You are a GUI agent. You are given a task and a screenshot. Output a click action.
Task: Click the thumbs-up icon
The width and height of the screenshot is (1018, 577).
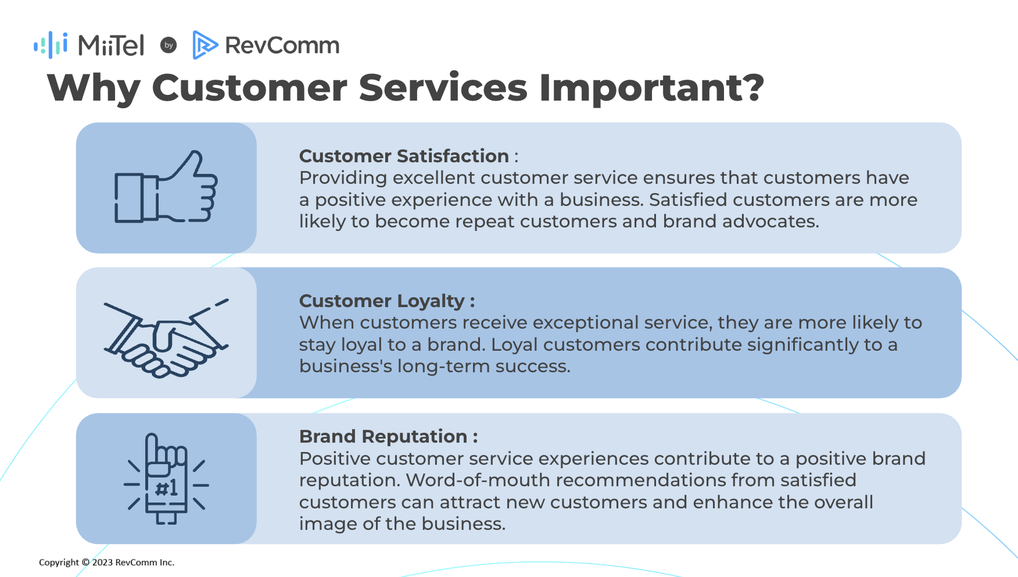click(x=166, y=187)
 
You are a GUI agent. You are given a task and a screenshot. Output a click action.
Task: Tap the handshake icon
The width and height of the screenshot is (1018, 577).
click(x=166, y=338)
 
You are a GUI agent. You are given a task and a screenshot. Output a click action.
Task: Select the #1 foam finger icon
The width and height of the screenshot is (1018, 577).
click(x=167, y=479)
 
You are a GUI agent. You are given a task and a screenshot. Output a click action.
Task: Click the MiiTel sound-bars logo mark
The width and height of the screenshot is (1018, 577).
click(x=51, y=45)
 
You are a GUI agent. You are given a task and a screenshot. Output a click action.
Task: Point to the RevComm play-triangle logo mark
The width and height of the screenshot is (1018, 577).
click(x=205, y=45)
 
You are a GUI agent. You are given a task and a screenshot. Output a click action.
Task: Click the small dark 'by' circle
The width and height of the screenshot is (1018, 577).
click(x=169, y=45)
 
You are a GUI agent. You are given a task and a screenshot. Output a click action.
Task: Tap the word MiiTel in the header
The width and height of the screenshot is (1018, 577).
click(x=111, y=45)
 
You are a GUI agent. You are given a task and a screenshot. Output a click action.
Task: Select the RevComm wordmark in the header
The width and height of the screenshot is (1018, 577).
click(x=282, y=45)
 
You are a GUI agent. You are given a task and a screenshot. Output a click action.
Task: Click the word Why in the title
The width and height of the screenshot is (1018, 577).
click(x=94, y=88)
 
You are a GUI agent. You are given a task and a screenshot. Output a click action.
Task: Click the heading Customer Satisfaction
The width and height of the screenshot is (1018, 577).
click(x=404, y=156)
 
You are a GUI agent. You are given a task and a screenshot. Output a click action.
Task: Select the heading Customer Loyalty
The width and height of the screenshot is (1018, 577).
click(x=382, y=301)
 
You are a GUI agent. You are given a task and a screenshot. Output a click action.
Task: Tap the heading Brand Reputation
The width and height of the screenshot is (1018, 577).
click(x=383, y=436)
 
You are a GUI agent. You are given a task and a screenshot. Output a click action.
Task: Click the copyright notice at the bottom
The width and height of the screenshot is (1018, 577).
click(x=106, y=562)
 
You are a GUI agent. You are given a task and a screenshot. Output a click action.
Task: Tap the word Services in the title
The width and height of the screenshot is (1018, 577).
click(x=443, y=88)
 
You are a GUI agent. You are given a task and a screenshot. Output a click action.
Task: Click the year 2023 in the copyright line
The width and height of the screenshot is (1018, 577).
click(x=102, y=562)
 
